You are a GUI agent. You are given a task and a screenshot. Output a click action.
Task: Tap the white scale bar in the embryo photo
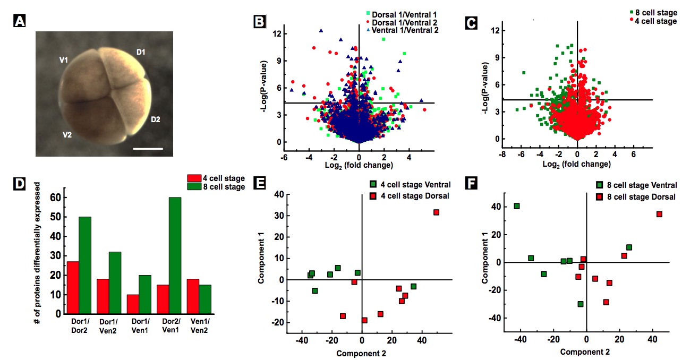148,149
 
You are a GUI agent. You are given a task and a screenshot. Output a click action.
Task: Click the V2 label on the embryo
66,135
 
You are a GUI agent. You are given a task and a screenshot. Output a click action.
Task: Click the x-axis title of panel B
359,165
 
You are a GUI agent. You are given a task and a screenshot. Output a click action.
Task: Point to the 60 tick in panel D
54,198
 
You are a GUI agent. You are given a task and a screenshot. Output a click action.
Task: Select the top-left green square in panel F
517,206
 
